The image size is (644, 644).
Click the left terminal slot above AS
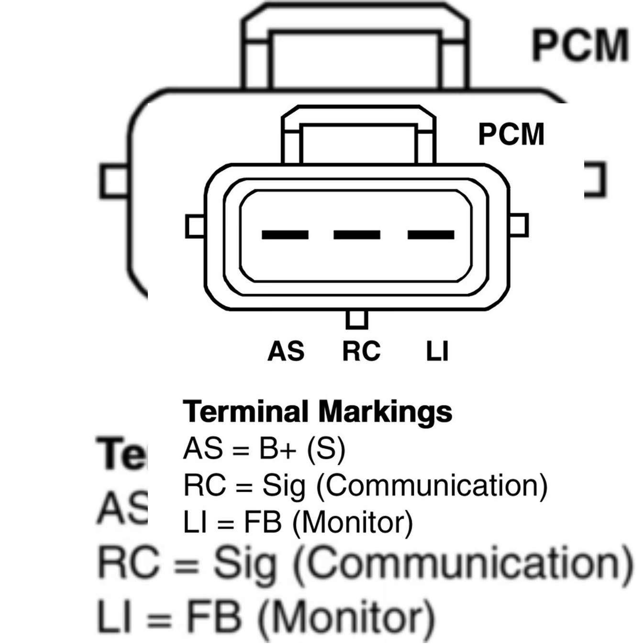[285, 234]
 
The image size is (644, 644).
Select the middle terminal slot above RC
[357, 234]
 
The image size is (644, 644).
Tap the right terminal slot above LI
[431, 234]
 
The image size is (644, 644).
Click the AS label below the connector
[286, 351]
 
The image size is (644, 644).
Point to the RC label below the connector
[361, 351]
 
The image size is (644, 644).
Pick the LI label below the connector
[437, 351]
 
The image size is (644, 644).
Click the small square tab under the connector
[357, 319]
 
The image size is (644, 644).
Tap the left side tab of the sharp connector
[195, 226]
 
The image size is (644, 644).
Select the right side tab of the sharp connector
[519, 225]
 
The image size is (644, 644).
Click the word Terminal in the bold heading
[245, 411]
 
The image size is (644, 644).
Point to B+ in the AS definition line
[278, 449]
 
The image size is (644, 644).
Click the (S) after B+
[326, 449]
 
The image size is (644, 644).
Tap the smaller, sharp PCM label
[511, 134]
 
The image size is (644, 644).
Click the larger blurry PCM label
[580, 45]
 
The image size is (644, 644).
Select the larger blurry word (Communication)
[462, 565]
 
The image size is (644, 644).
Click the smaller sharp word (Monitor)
[352, 522]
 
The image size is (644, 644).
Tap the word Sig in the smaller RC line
[283, 486]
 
